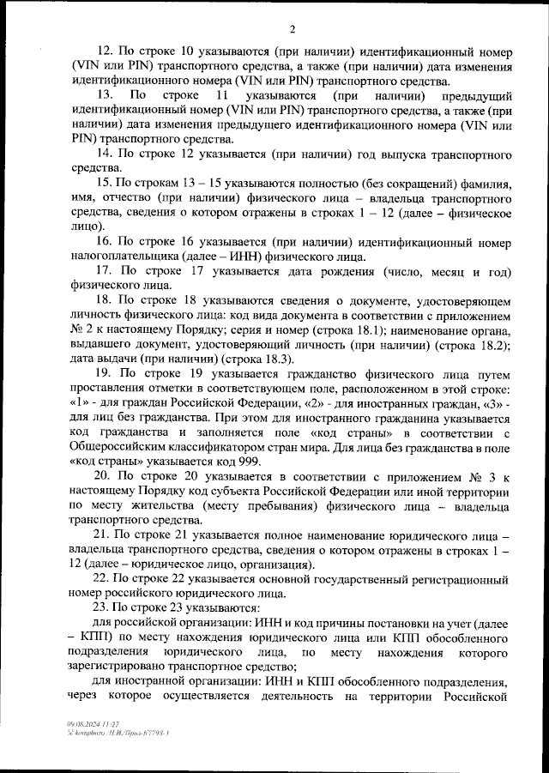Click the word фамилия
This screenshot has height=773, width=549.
click(488, 184)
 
